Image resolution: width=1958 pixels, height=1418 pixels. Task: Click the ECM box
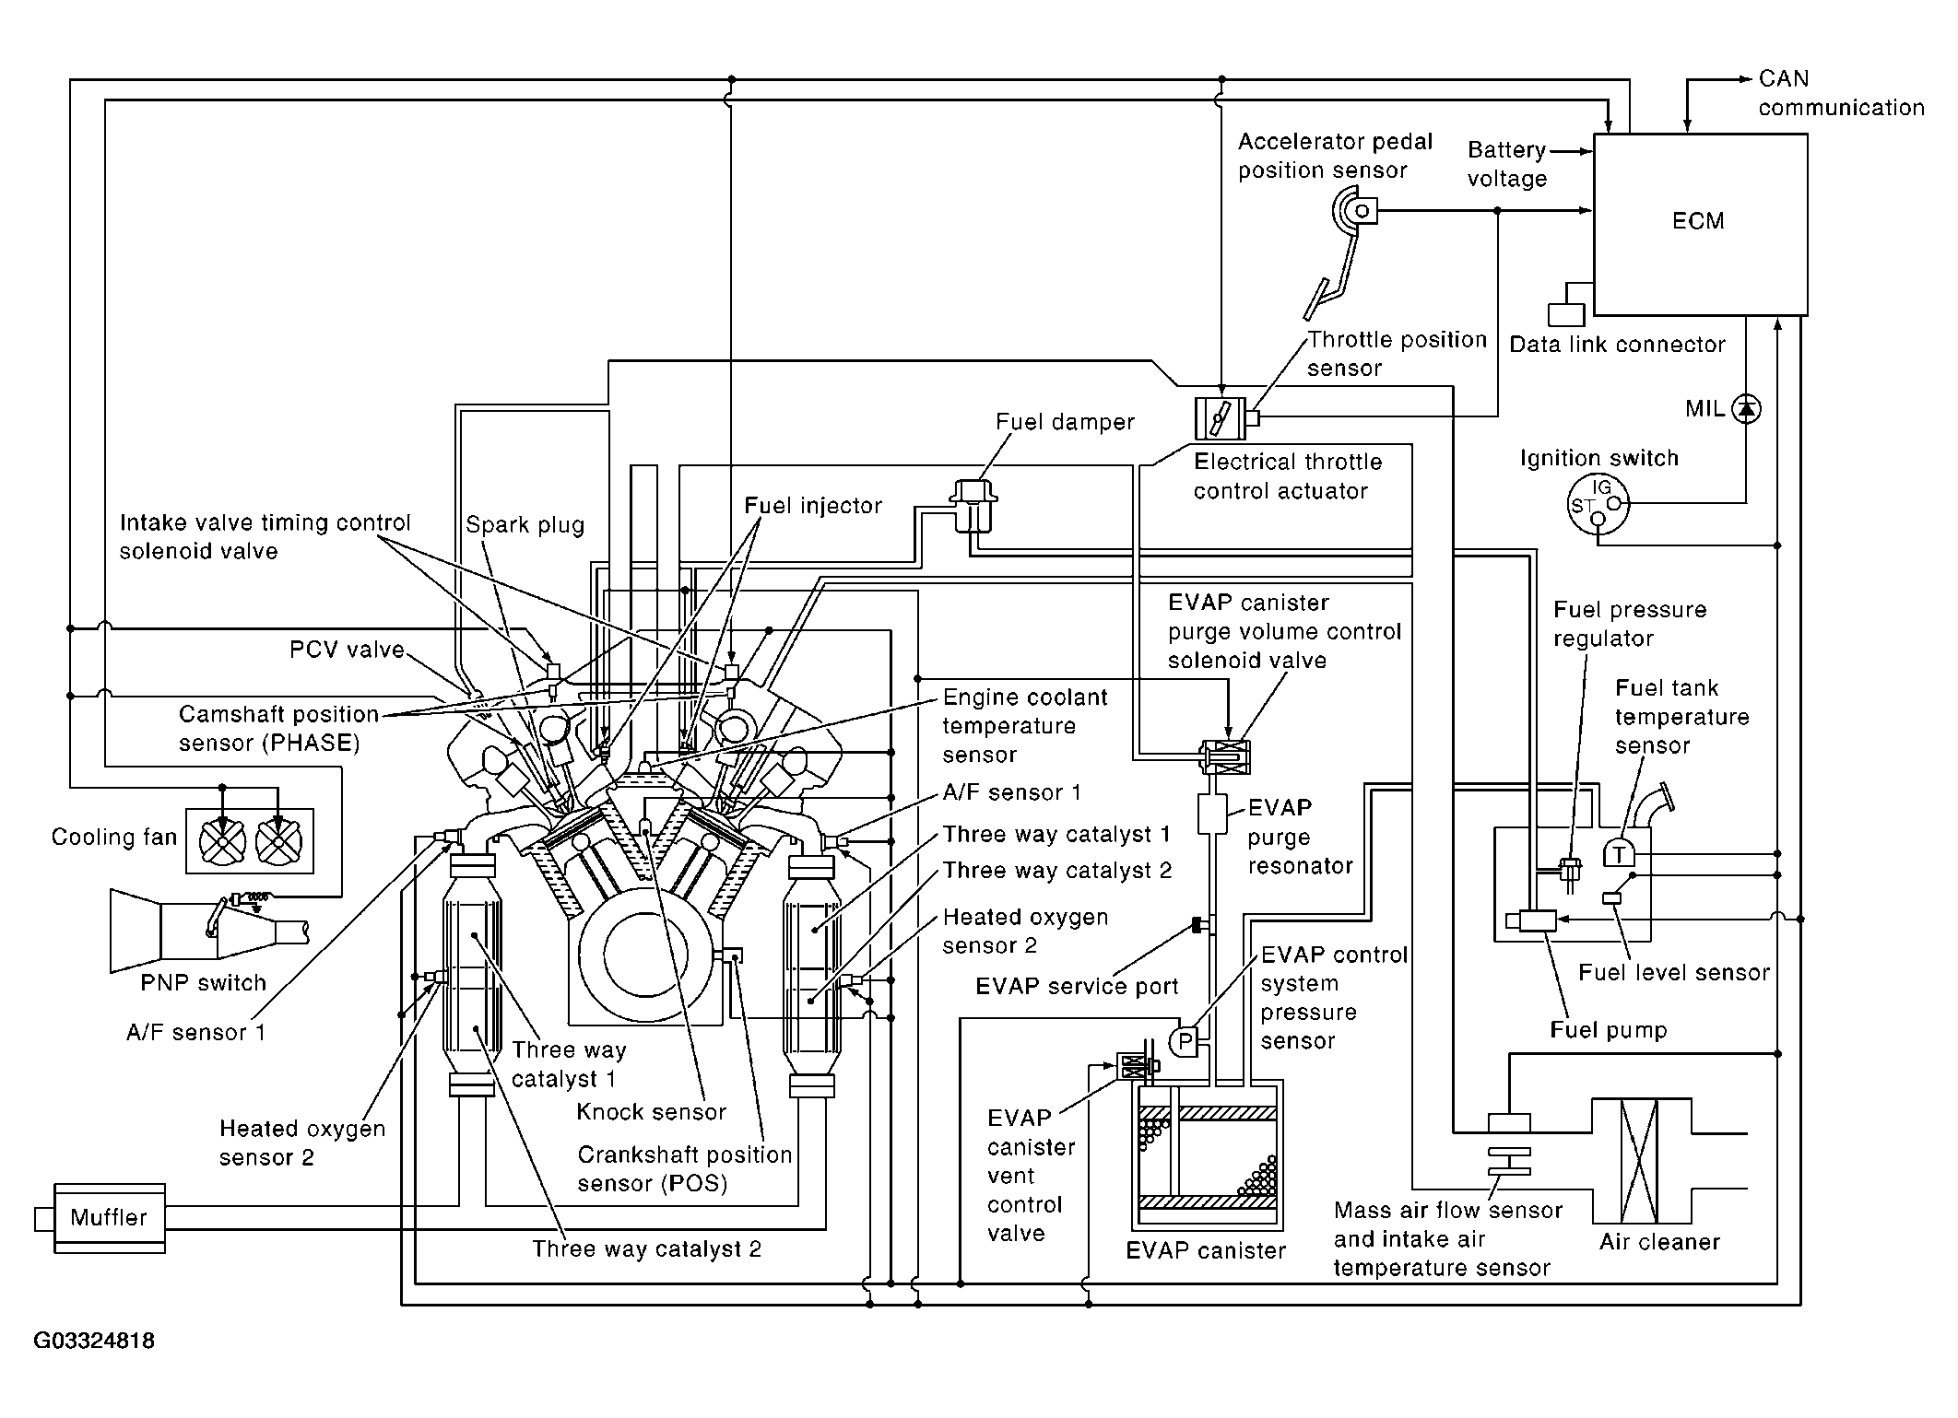(1700, 223)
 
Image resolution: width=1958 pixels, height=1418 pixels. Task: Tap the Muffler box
(109, 1217)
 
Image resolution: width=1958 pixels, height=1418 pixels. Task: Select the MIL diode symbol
(1746, 408)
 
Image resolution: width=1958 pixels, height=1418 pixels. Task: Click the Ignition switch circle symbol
(1598, 505)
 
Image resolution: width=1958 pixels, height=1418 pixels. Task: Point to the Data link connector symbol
(1565, 314)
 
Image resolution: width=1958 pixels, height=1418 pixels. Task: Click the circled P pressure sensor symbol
(1185, 1042)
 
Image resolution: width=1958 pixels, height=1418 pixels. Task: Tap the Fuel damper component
(973, 504)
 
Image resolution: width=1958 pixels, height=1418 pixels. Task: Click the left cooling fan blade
(222, 840)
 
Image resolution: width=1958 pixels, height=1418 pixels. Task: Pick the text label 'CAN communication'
(1840, 93)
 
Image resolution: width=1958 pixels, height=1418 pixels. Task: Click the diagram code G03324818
(94, 1341)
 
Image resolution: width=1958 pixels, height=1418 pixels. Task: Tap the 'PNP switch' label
(203, 983)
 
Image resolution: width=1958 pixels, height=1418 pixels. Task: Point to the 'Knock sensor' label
(651, 1112)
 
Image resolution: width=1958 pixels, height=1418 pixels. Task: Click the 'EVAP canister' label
(1206, 1250)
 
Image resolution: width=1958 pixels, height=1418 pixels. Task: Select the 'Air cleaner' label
(1659, 1241)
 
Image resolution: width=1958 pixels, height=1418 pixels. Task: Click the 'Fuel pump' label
(1609, 1030)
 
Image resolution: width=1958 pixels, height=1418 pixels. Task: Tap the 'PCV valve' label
(347, 650)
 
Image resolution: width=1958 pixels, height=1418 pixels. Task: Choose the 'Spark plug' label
(525, 525)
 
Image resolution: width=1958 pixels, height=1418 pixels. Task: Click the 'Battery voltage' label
(1507, 164)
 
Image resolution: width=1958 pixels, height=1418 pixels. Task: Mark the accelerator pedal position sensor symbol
(1355, 211)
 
